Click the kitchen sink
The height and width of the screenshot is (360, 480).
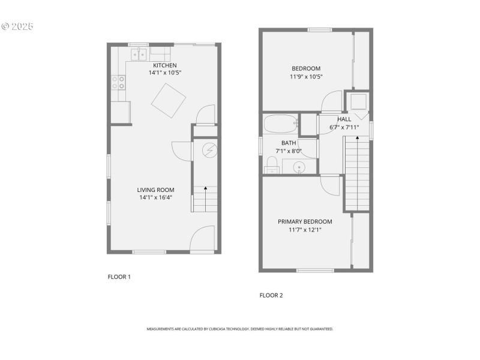pos(139,55)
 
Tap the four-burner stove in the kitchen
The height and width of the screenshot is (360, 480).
pos(118,82)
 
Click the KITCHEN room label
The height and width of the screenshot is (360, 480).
pos(164,65)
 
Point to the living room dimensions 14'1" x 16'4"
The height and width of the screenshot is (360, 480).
pos(157,197)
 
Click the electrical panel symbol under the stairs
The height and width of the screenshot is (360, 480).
pos(209,150)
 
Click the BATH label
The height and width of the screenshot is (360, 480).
pos(289,143)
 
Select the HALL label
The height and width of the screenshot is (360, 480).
pos(344,119)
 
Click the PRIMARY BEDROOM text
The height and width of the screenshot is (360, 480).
pos(305,221)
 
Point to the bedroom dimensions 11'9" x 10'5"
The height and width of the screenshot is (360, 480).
pos(306,76)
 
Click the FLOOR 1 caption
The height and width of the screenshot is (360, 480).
pos(119,277)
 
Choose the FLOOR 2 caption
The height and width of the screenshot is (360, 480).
pos(271,295)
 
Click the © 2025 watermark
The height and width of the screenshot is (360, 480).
pos(18,26)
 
